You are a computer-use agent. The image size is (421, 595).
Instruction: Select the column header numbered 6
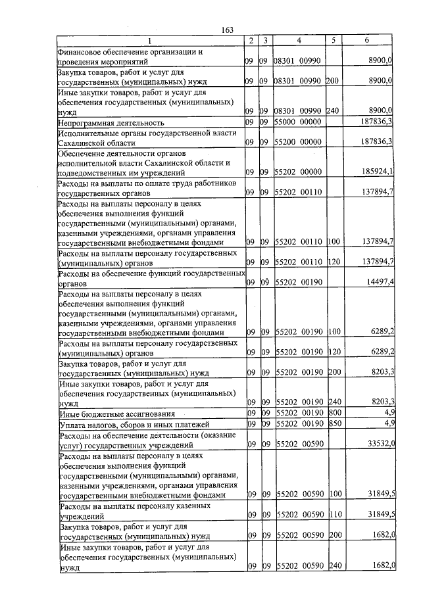pos(366,40)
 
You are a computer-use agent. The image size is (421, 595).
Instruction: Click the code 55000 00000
pos(297,122)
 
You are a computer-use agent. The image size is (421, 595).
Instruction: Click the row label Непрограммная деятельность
pos(111,123)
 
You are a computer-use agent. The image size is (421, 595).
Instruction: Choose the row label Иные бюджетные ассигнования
pos(116,414)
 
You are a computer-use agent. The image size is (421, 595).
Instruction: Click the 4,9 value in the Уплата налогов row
pos(389,423)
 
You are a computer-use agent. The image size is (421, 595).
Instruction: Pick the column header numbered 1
pos(149,40)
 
